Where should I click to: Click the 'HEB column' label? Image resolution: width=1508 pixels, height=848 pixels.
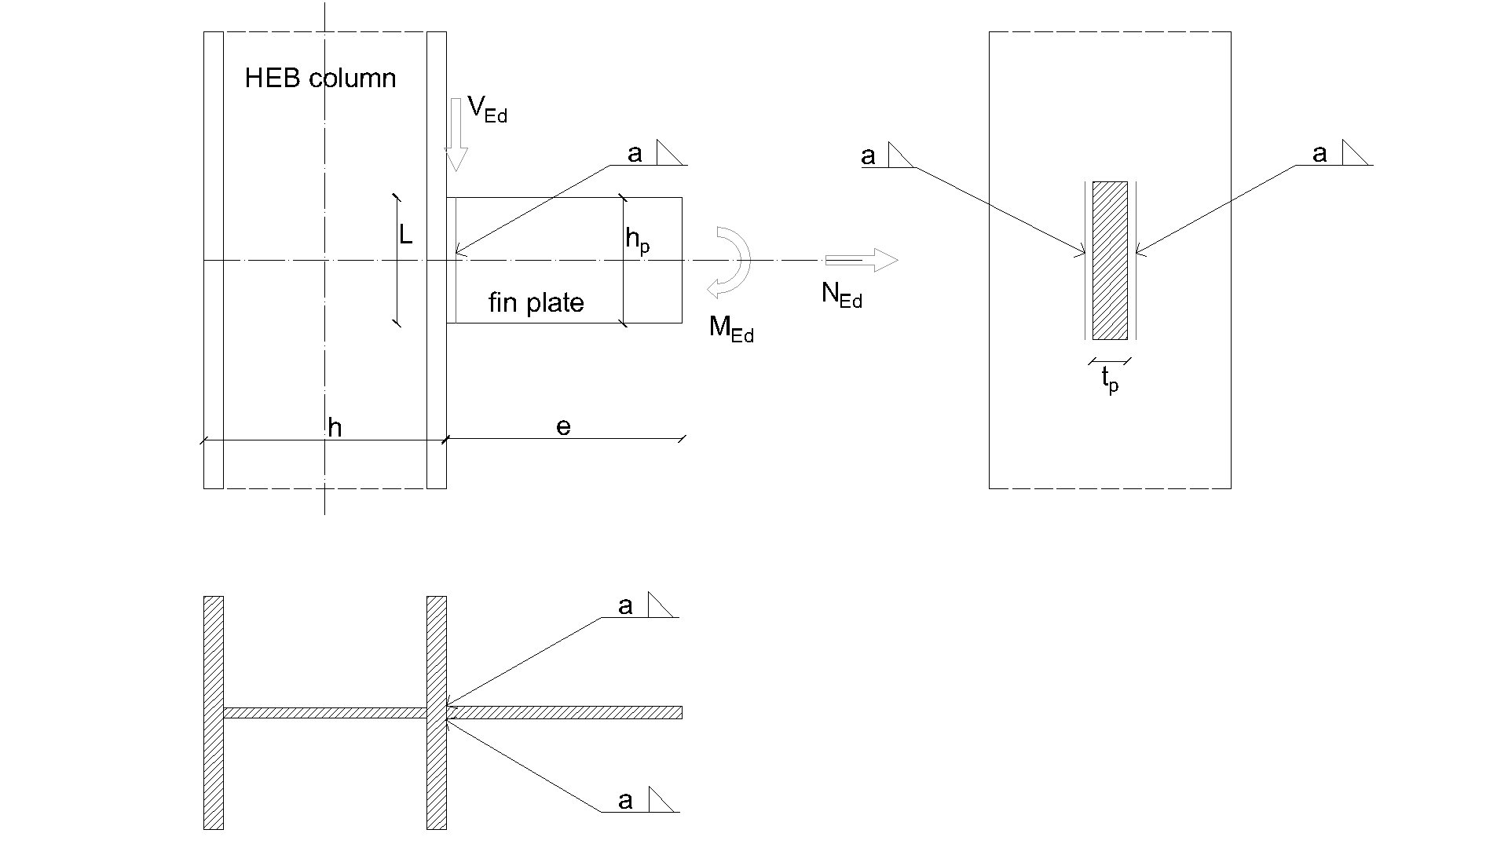pyautogui.click(x=320, y=79)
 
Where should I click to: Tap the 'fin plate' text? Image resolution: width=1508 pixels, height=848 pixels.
pyautogui.click(x=536, y=303)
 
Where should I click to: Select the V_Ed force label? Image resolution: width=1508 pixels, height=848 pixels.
pyautogui.click(x=487, y=111)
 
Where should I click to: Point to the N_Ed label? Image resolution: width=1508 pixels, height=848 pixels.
pyautogui.click(x=841, y=294)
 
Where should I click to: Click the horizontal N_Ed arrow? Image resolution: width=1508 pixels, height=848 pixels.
pyautogui.click(x=861, y=260)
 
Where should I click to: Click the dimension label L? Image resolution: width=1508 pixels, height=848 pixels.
pyautogui.click(x=405, y=234)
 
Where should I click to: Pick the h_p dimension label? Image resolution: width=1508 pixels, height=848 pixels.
pyautogui.click(x=637, y=239)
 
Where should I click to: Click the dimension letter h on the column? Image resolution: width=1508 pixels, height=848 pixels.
pyautogui.click(x=335, y=428)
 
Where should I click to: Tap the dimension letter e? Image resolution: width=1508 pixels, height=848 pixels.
pyautogui.click(x=563, y=426)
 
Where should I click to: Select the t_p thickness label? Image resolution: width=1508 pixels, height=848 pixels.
pyautogui.click(x=1110, y=380)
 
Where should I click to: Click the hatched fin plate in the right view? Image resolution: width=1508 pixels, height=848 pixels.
pyautogui.click(x=1110, y=261)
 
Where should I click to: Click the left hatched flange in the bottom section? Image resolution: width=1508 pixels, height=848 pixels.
pyautogui.click(x=214, y=712)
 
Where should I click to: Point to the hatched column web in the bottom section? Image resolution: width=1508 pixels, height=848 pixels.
pyautogui.click(x=324, y=713)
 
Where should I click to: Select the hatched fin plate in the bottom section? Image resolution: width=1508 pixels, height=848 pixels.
pyautogui.click(x=564, y=713)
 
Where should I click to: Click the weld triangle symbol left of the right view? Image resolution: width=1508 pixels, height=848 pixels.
pyautogui.click(x=900, y=155)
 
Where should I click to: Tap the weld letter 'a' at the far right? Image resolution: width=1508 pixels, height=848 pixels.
pyautogui.click(x=1319, y=154)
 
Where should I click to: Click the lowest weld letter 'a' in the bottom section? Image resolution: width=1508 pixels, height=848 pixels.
pyautogui.click(x=625, y=801)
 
